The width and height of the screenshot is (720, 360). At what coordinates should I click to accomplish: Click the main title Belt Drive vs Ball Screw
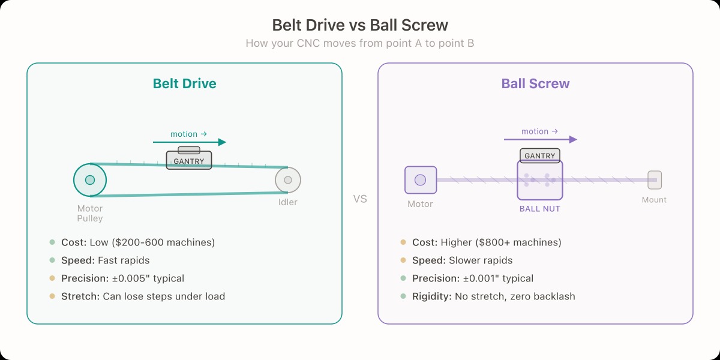point(360,25)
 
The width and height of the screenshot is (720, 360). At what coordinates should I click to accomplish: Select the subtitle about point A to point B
point(360,43)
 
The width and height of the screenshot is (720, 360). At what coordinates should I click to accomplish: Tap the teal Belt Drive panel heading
point(184,83)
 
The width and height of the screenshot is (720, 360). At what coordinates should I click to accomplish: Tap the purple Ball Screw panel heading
point(535,83)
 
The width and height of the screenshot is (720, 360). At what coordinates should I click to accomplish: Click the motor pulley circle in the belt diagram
point(90,179)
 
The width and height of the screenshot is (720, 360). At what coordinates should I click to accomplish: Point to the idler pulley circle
point(288,180)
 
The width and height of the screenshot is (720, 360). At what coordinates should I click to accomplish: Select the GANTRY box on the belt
point(189,160)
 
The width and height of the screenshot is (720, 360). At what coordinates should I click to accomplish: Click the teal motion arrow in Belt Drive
point(190,142)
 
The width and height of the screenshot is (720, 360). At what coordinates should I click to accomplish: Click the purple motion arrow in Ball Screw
point(540,139)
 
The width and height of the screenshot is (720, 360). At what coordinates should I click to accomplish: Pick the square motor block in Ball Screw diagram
point(421,180)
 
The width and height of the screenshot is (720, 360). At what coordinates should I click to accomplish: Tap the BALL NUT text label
point(540,209)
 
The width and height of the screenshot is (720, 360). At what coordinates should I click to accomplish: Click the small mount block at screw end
point(654,179)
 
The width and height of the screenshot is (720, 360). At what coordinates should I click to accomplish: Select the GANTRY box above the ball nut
point(540,156)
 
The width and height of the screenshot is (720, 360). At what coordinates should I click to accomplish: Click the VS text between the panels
point(360,199)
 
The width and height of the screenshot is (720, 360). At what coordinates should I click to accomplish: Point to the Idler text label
point(288,202)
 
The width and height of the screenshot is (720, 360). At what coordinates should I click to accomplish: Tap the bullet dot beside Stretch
point(52,296)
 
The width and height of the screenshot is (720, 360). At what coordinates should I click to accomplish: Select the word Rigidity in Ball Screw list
point(431,296)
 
